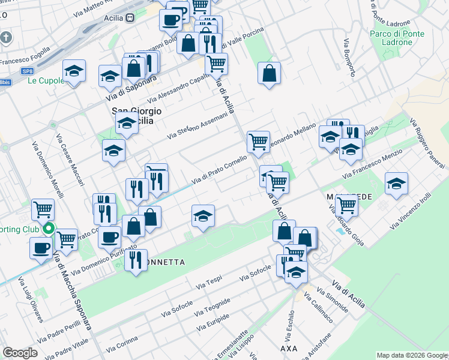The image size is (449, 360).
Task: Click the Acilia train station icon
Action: click(x=130, y=17)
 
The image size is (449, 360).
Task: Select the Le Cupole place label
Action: click(x=46, y=81)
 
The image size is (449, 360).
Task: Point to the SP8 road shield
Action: click(x=27, y=71)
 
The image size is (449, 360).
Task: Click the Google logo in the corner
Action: click(x=20, y=353)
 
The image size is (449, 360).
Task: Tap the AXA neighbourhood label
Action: click(x=289, y=349)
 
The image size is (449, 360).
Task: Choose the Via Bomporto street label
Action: click(x=350, y=58)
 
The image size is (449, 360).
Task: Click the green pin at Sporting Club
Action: click(x=50, y=229)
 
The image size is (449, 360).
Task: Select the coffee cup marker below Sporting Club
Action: click(x=41, y=247)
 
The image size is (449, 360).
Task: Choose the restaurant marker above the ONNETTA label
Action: click(x=136, y=260)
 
